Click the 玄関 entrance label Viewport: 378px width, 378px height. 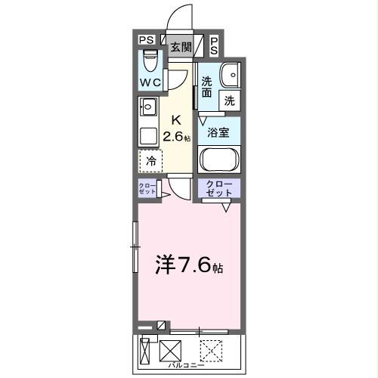coord(180,47)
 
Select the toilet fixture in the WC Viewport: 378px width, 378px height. coord(150,58)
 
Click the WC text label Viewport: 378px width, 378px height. coord(149,83)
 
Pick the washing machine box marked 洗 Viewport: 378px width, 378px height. coord(228,99)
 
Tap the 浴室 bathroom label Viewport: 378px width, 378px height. coord(219,130)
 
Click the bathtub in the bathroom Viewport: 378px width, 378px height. coord(219,161)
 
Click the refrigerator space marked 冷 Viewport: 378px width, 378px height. coord(150,160)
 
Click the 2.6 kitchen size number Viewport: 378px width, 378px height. coord(176,136)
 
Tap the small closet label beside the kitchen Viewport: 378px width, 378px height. coord(147,189)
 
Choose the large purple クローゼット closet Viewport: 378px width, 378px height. coord(219,189)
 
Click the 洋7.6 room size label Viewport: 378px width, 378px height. coord(189,265)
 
